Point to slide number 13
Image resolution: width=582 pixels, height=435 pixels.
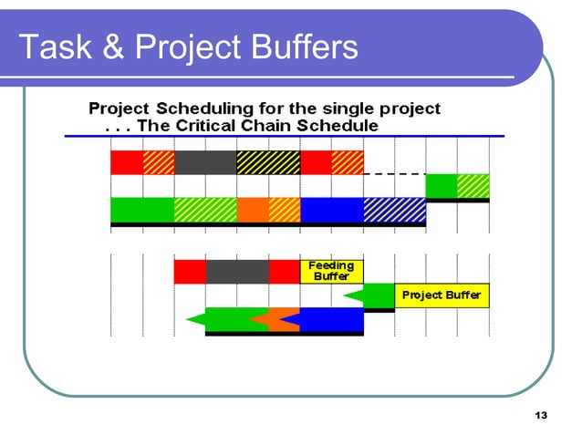[541, 416]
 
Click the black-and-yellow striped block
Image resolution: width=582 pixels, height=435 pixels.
[268, 162]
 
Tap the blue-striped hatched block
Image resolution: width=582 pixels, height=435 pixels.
[394, 210]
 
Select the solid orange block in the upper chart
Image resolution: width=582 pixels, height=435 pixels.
[253, 210]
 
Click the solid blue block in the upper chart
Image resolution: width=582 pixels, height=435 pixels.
[331, 210]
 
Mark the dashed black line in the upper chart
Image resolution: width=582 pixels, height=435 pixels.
[394, 173]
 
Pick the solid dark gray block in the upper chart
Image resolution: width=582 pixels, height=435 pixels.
[205, 162]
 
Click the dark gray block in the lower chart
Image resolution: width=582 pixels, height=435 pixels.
[236, 271]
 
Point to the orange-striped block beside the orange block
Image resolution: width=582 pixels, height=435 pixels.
[285, 210]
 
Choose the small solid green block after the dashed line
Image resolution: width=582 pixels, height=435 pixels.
[442, 185]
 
